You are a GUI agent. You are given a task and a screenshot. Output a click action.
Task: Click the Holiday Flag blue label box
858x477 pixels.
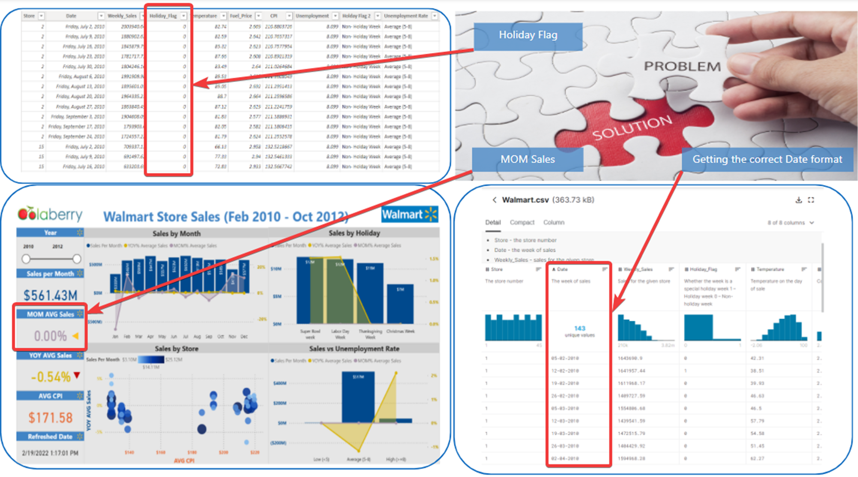[x=528, y=36]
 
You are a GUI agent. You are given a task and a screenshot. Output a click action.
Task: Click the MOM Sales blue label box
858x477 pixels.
[x=527, y=159]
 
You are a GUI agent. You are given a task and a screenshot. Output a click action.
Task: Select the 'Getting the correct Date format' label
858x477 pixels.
[x=767, y=159]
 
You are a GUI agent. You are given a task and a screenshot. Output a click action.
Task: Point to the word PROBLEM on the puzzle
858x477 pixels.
[x=682, y=67]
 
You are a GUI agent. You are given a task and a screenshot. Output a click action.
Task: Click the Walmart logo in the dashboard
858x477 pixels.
[x=409, y=214]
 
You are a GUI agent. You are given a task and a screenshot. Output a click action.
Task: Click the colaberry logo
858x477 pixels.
[x=50, y=214]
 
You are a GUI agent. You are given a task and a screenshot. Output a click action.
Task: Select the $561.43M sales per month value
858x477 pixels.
[x=50, y=295]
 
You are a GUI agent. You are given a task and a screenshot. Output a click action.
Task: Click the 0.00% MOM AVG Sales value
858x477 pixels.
[x=50, y=336]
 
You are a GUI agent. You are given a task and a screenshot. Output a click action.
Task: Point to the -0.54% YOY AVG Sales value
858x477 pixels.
[x=50, y=377]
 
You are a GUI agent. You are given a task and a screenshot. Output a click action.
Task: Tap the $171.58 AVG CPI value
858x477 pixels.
[x=50, y=418]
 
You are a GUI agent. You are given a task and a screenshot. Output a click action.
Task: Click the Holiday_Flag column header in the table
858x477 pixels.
[x=163, y=16]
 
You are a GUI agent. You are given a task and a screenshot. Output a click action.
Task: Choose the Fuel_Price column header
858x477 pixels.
[x=241, y=16]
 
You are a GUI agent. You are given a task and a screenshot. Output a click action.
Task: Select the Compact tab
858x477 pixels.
[x=522, y=222]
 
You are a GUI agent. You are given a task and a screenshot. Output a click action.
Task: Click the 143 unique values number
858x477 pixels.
[x=580, y=328]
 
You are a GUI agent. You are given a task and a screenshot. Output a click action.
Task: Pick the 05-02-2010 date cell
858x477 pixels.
[x=565, y=358]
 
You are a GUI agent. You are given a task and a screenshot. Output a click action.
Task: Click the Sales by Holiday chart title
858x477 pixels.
[x=354, y=233]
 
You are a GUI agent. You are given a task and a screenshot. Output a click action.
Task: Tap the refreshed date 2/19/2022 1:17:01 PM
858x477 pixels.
[x=50, y=453]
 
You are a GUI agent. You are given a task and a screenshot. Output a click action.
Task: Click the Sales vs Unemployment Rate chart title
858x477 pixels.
[x=354, y=349]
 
